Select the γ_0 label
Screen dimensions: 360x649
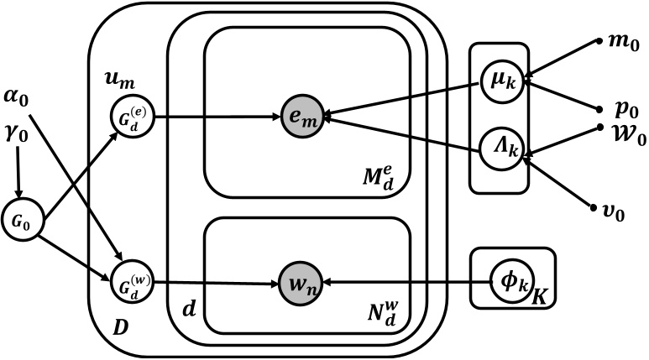(x=17, y=131)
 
